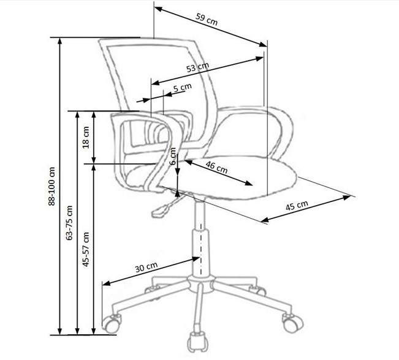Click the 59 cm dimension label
tap(207, 20)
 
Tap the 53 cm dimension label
tap(197, 67)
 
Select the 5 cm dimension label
tap(183, 88)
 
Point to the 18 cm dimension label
tap(86, 137)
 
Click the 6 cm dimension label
tap(173, 156)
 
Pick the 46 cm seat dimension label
tap(216, 167)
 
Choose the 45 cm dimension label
tap(297, 205)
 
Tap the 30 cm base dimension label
tap(146, 267)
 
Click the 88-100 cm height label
tap(51, 186)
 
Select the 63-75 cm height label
tap(69, 223)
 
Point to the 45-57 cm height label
tap(86, 249)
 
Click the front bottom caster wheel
tap(196, 341)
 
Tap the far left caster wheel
tap(111, 323)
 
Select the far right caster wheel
tap(292, 323)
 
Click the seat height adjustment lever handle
tap(160, 211)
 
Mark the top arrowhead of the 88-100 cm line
tap(60, 41)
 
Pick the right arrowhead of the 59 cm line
tap(263, 45)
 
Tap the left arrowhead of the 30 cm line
tap(107, 283)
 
